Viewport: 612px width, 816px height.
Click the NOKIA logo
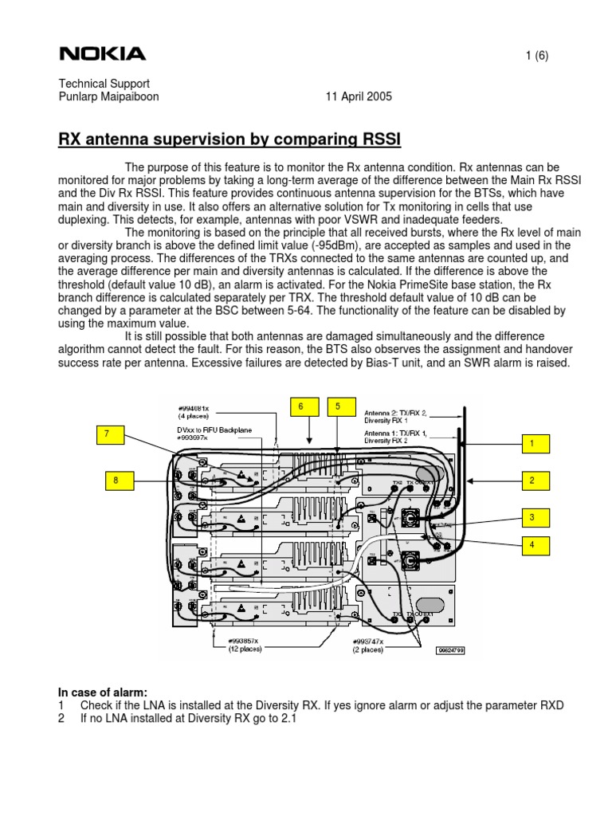[x=103, y=54]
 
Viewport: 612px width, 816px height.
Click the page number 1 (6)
[x=536, y=55]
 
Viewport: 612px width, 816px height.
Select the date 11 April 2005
[x=359, y=97]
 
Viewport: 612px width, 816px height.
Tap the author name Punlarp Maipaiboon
[x=112, y=97]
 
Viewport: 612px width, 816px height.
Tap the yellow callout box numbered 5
[x=338, y=406]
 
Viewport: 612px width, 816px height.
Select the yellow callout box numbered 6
[x=301, y=406]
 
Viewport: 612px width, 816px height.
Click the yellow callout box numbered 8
[x=116, y=480]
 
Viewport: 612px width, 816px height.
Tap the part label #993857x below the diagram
[x=245, y=640]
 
